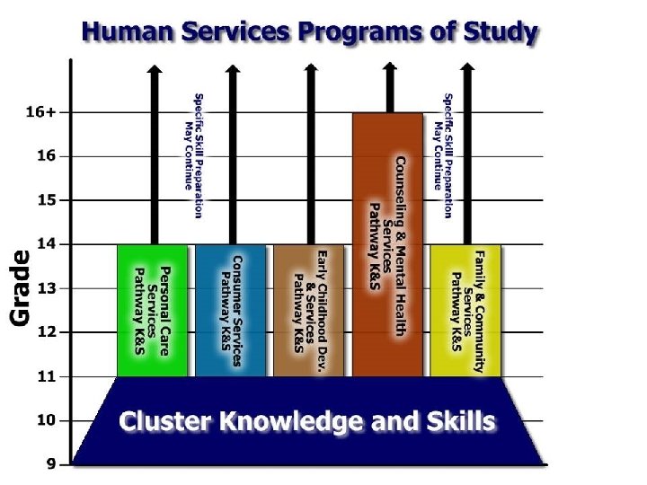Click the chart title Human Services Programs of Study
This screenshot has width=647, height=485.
pos(309,33)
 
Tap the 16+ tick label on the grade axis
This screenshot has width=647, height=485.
pos(40,113)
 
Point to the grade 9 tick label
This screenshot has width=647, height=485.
pos(51,464)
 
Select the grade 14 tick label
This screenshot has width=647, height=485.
pos(45,244)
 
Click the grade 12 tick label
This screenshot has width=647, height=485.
pos(45,332)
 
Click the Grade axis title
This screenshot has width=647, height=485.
pos(20,287)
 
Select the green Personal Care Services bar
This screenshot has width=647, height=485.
pos(152,310)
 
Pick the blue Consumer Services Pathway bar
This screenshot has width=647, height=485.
pos(231,310)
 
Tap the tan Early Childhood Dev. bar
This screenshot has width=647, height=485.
pos(309,310)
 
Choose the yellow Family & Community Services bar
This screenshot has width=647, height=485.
pos(465,310)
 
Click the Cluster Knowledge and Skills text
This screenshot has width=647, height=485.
pos(307,420)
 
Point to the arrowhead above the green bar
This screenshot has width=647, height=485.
pos(155,68)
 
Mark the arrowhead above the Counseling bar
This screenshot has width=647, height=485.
pos(389,66)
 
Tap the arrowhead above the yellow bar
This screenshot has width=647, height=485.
pos(466,68)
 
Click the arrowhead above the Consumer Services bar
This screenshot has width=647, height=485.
pos(233,68)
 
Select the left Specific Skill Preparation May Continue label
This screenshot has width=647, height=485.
pos(193,154)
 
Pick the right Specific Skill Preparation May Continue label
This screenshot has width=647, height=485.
pos(443,154)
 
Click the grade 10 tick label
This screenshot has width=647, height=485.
pos(45,420)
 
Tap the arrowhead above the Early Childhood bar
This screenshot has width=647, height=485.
pos(311,68)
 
